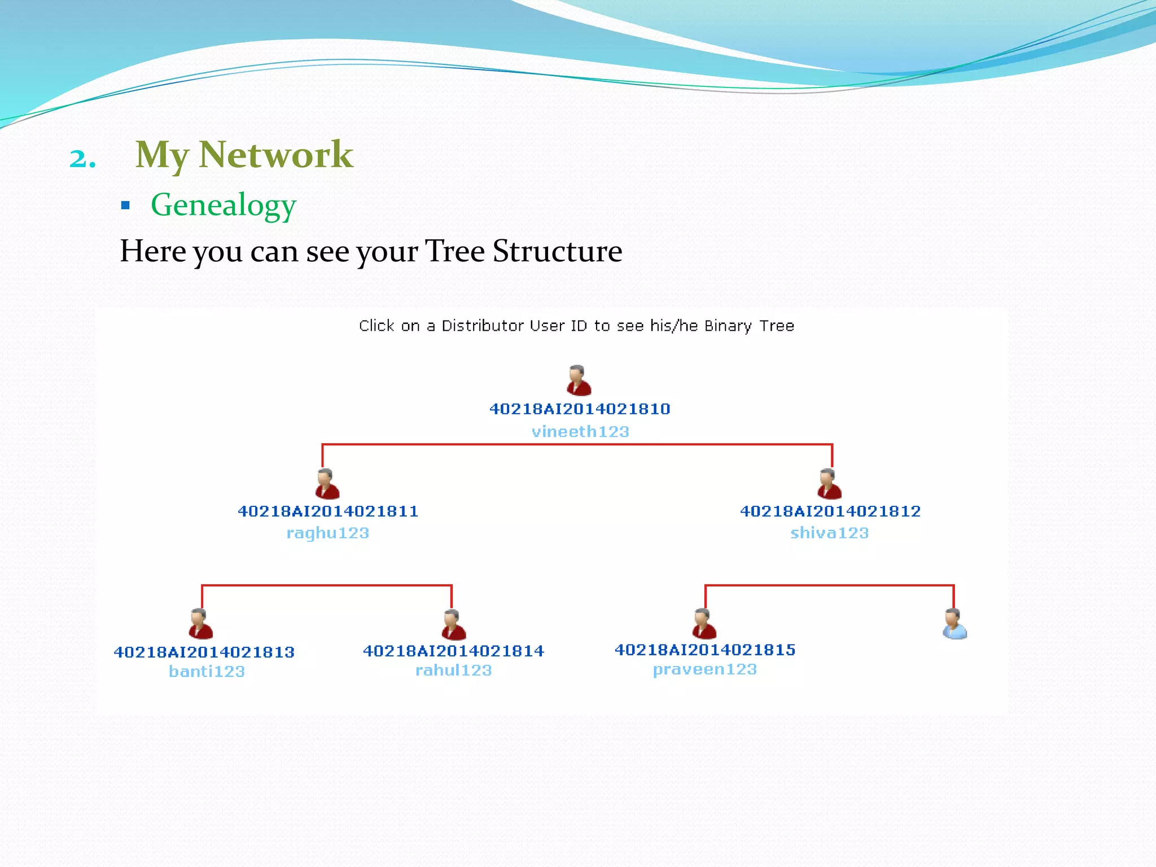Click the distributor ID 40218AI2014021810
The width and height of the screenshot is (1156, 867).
[x=580, y=409]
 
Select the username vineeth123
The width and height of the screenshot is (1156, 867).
[x=580, y=432]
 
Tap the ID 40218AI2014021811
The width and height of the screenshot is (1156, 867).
[x=328, y=511]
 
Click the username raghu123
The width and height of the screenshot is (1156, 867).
[x=327, y=533]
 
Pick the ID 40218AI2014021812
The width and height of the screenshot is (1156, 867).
[x=830, y=511]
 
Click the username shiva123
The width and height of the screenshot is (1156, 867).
[x=829, y=533]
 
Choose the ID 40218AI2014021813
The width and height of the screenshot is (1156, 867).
[x=204, y=653]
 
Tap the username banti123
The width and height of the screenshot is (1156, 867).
[x=207, y=672]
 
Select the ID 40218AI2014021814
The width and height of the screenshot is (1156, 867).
[x=453, y=651]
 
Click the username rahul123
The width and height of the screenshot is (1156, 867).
[x=453, y=671]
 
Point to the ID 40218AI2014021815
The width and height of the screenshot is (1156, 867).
[x=705, y=650]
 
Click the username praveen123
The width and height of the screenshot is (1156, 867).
[x=704, y=669]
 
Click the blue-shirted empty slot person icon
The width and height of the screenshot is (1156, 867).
[x=954, y=624]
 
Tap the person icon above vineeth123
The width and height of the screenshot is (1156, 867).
[x=579, y=380]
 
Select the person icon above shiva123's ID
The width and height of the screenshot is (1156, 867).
[x=829, y=484]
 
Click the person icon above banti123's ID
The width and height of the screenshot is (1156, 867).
[x=200, y=624]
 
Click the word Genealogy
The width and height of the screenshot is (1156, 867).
[x=224, y=205]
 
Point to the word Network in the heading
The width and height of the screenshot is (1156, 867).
[x=276, y=155]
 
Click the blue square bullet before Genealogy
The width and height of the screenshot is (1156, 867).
[x=125, y=205]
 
